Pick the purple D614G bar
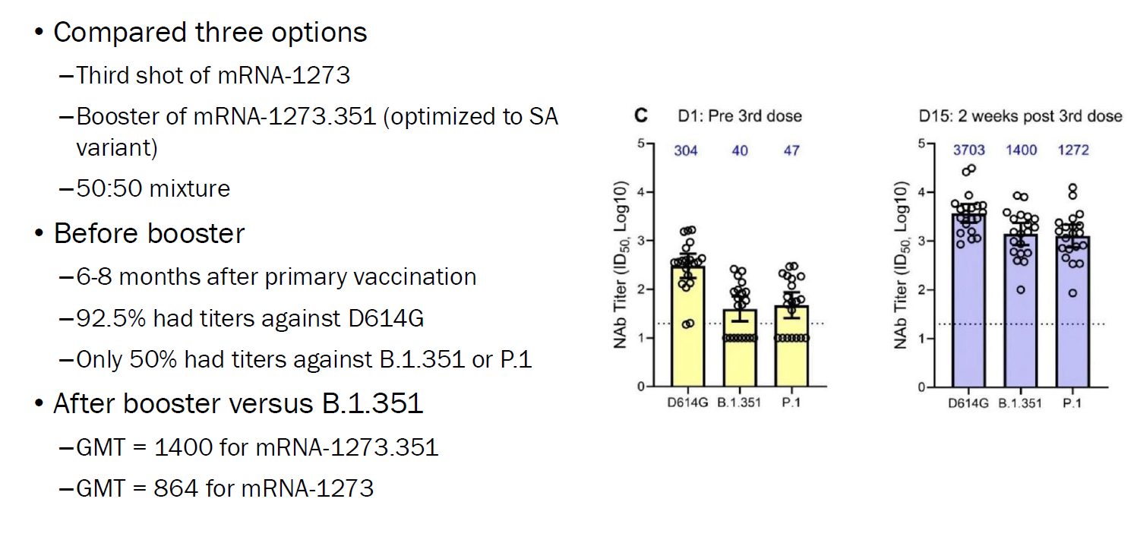pos(968,304)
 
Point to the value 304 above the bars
pos(687,150)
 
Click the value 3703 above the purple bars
pos(968,150)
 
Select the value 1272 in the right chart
pos(1073,150)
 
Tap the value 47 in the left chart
pos(791,150)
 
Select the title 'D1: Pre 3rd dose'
pos(740,116)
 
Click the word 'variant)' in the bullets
pos(116,147)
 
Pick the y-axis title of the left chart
pos(620,265)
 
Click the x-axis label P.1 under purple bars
pos(1072,403)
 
